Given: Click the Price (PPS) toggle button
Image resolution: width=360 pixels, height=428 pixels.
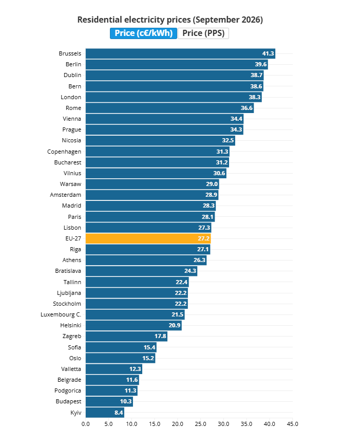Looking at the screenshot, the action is tap(203, 33).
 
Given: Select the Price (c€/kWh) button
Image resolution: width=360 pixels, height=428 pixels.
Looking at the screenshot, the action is tap(143, 33).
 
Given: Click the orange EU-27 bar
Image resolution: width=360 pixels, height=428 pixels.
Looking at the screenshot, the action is tap(148, 238).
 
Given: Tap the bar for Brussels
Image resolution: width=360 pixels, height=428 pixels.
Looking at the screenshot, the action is tap(180, 53).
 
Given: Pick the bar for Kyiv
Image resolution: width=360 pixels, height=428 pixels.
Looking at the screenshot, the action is tap(105, 413).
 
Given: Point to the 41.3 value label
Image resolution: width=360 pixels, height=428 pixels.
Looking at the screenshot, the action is tap(268, 53).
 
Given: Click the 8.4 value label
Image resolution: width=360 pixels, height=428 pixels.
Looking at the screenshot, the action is tap(119, 413).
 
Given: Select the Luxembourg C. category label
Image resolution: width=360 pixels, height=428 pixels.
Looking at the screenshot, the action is tap(61, 314).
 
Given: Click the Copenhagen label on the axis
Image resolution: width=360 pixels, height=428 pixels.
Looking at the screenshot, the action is tap(64, 152).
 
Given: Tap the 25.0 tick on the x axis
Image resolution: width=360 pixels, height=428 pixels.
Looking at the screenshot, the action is tap(200, 424).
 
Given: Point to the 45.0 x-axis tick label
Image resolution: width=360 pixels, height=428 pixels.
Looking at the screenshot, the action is tap(292, 424).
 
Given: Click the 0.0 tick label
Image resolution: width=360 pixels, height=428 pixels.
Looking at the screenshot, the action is tap(86, 424).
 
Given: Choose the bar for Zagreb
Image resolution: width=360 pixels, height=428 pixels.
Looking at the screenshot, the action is tap(126, 336).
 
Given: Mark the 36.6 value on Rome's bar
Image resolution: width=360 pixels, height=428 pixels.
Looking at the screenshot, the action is tap(247, 108).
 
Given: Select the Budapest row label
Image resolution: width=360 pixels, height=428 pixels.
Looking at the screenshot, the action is tap(68, 401).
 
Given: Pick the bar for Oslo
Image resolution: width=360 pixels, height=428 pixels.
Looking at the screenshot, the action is tap(120, 358).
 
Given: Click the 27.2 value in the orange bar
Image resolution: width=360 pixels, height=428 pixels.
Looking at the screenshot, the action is tap(203, 238).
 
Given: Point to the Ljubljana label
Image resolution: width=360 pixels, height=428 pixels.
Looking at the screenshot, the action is tap(69, 293).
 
